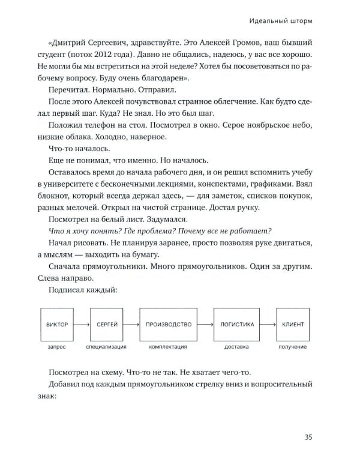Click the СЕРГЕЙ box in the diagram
[x=106, y=325]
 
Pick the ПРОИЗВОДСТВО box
[x=168, y=325]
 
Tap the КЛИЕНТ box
[x=293, y=325]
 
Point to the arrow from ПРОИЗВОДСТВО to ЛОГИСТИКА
[x=205, y=325]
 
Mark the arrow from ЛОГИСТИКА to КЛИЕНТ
[x=266, y=325]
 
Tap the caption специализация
[x=106, y=347]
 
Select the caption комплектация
[x=168, y=347]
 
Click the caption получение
[x=293, y=347]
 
